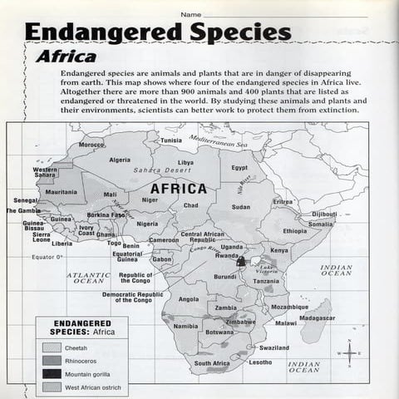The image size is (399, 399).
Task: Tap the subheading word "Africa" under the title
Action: (66, 57)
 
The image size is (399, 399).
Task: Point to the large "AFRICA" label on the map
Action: (178, 189)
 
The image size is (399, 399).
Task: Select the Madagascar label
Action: (317, 318)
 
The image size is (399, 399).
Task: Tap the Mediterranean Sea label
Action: (219, 141)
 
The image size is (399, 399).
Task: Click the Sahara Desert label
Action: (162, 170)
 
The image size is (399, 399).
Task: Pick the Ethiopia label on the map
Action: (294, 231)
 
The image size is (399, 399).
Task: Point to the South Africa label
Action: (212, 363)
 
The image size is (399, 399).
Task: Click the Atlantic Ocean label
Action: (88, 278)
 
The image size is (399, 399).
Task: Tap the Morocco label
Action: (91, 145)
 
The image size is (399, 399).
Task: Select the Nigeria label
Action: (147, 224)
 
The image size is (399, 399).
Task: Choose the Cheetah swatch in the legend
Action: (52, 348)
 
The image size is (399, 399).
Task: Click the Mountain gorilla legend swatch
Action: (52, 374)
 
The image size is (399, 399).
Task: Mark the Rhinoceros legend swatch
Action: (52, 362)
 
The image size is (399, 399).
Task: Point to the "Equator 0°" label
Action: (47, 258)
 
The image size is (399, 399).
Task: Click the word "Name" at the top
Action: (190, 14)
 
